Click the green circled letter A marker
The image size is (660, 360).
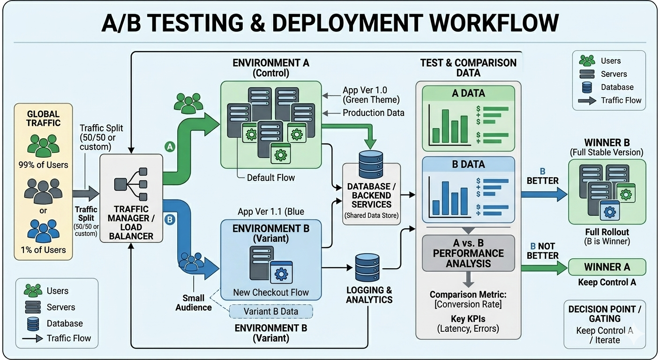click(x=170, y=146)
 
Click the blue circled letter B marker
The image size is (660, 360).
click(x=170, y=219)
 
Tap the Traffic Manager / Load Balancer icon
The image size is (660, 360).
click(x=131, y=184)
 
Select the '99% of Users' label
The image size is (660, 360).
click(x=43, y=165)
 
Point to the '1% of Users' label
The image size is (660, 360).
click(x=43, y=250)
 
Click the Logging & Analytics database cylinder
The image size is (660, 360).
click(x=367, y=268)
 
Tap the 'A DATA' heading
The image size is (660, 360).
click(x=468, y=93)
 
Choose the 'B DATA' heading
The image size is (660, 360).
click(x=468, y=164)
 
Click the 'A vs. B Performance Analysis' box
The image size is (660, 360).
click(x=468, y=253)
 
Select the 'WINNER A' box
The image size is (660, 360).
click(x=607, y=267)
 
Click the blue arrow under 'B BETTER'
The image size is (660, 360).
click(x=544, y=195)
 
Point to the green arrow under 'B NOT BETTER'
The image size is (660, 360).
click(x=544, y=268)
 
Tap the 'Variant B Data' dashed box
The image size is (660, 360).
click(x=271, y=311)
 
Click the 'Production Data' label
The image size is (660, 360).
click(x=373, y=113)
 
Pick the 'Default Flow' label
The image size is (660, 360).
click(x=271, y=178)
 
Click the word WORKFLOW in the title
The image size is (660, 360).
click(x=494, y=22)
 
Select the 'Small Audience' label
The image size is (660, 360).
click(x=194, y=302)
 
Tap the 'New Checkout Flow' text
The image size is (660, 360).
click(x=271, y=292)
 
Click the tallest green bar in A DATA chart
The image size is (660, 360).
click(x=445, y=126)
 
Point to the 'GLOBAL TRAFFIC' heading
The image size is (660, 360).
click(x=43, y=119)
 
